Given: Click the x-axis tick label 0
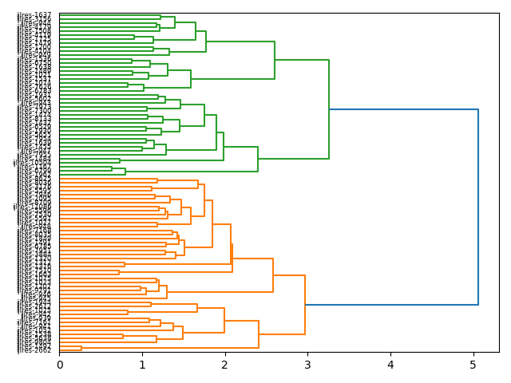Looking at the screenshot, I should pyautogui.click(x=60, y=365).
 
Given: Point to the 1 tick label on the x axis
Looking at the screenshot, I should pyautogui.click(x=142, y=365).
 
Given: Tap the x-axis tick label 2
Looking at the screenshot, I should pyautogui.click(x=225, y=365).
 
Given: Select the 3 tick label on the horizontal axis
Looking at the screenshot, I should pyautogui.click(x=308, y=365).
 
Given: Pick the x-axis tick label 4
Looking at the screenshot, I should pyautogui.click(x=390, y=365).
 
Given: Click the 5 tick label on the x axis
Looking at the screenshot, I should pyautogui.click(x=473, y=365).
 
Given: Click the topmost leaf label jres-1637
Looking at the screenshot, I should pyautogui.click(x=34, y=15).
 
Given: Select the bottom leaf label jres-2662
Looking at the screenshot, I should pyautogui.click(x=34, y=349).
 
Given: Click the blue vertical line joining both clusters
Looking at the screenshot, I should pyautogui.click(x=478, y=207).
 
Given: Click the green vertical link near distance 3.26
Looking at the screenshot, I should pyautogui.click(x=329, y=109).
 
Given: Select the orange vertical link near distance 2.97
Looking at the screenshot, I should pyautogui.click(x=305, y=305).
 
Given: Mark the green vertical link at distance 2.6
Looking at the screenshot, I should pyautogui.click(x=275, y=60).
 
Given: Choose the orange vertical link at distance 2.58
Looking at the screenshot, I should pyautogui.click(x=273, y=275).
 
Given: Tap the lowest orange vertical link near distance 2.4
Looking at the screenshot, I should pyautogui.click(x=259, y=334).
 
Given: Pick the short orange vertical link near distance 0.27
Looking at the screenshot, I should pyautogui.click(x=81, y=348).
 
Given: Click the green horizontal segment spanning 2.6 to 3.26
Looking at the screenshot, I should pyautogui.click(x=302, y=60).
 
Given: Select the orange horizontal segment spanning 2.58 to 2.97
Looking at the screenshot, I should pyautogui.click(x=289, y=275).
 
